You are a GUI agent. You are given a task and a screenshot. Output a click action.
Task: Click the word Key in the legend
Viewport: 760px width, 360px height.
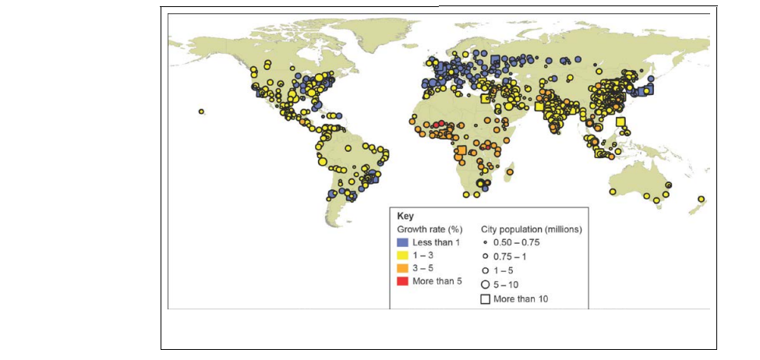click(405, 216)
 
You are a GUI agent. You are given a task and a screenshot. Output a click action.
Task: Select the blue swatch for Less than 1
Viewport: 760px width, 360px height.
click(403, 242)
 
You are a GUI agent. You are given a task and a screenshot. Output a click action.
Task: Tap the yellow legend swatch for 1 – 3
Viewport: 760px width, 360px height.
click(403, 255)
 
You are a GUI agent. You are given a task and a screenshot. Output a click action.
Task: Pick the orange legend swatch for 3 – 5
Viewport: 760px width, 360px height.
click(403, 267)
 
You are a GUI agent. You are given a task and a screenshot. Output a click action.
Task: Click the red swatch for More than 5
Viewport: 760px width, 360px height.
click(403, 281)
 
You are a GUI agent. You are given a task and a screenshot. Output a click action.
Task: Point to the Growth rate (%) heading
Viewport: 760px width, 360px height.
click(430, 229)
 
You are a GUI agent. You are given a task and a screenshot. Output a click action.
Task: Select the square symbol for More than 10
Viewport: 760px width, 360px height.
click(485, 298)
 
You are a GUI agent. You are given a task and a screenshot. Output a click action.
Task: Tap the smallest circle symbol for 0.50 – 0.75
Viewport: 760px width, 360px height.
click(485, 242)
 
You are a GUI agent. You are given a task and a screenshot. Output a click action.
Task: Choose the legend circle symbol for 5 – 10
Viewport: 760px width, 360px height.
click(485, 284)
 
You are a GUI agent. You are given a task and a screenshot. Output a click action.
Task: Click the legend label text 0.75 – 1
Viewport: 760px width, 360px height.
click(512, 256)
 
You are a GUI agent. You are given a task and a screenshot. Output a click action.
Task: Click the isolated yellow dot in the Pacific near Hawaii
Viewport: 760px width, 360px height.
click(201, 111)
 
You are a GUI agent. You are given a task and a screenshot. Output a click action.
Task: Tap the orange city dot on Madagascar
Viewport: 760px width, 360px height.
click(510, 172)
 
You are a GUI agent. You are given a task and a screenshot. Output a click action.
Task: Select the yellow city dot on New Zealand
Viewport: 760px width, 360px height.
click(701, 199)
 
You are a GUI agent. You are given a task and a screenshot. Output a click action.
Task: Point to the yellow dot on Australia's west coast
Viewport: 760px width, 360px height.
click(613, 191)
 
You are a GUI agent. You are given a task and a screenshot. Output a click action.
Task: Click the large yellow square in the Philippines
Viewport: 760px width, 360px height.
click(620, 122)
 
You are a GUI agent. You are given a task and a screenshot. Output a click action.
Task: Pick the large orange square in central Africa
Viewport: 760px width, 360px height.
click(462, 150)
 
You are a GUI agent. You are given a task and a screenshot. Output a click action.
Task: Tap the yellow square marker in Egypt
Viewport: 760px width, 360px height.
click(485, 99)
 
